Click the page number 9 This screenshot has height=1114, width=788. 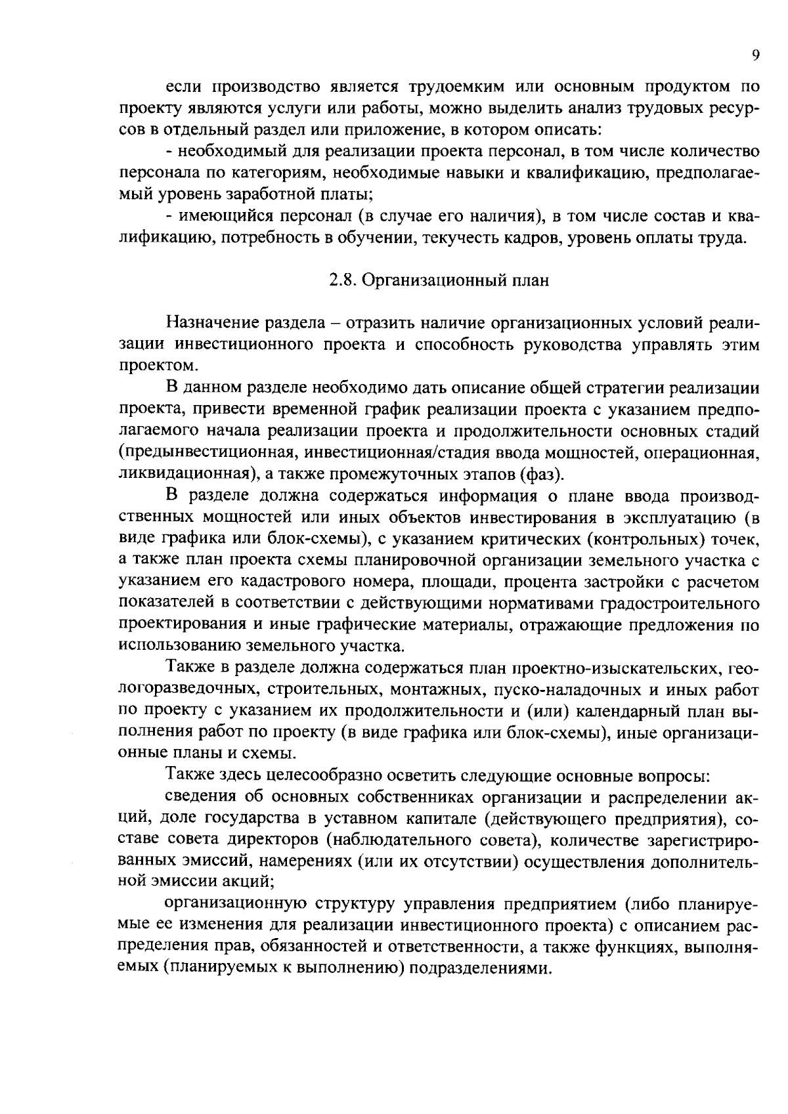[756, 55]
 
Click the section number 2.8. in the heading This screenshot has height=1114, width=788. [343, 280]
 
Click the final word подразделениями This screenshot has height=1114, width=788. [479, 969]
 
